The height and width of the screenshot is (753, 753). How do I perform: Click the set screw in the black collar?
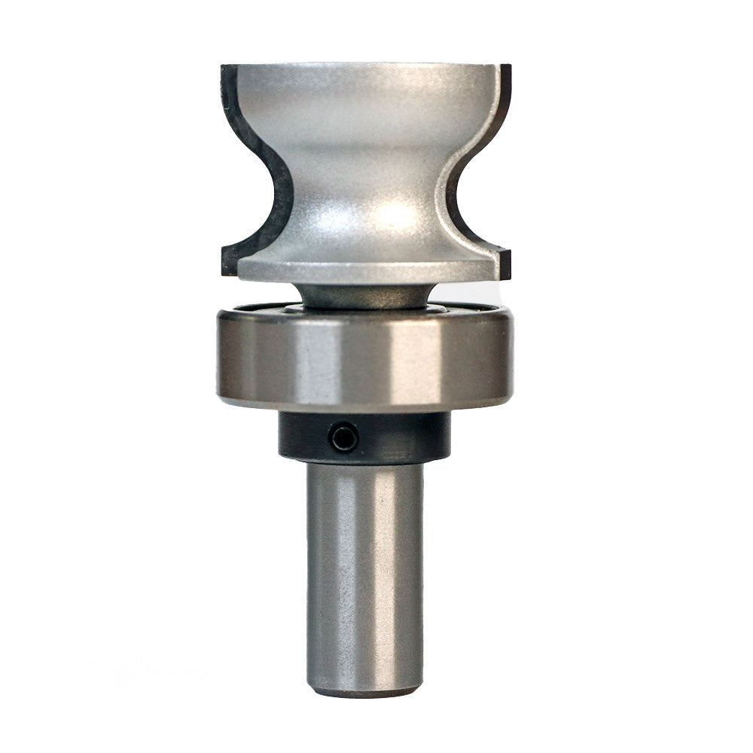pos(343,437)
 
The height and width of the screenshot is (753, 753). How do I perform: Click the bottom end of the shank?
pos(365,689)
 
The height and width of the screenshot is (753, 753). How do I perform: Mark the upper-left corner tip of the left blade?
pos(223,66)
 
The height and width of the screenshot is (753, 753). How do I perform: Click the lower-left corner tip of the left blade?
pos(223,273)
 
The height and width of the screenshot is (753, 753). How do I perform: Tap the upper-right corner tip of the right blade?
pos(510,66)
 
